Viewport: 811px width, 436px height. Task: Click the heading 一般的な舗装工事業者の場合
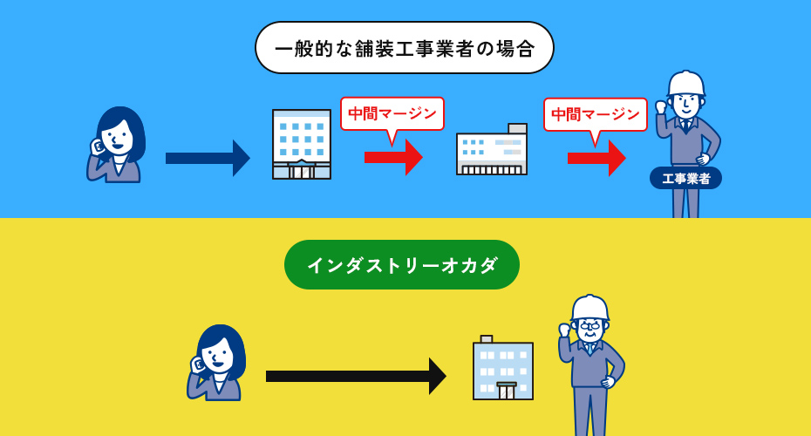405,48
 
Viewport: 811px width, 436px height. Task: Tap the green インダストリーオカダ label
402,264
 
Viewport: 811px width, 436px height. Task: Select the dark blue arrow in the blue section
208,158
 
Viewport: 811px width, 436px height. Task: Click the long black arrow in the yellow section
356,376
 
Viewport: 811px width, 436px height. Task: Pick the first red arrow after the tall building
393,157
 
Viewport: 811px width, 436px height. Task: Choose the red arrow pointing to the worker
596,158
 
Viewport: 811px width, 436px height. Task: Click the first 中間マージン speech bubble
392,115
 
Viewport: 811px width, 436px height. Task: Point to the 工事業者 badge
685,179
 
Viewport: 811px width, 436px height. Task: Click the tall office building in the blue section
302,144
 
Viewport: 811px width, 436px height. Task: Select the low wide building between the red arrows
491,149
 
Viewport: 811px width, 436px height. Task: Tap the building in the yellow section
503,368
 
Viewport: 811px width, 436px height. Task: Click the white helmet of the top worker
686,83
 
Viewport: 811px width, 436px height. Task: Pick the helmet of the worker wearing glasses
590,308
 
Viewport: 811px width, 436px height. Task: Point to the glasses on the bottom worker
590,326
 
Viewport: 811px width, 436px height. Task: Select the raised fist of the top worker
662,107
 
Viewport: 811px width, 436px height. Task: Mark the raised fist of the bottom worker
565,330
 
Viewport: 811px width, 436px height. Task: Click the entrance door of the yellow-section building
507,391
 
